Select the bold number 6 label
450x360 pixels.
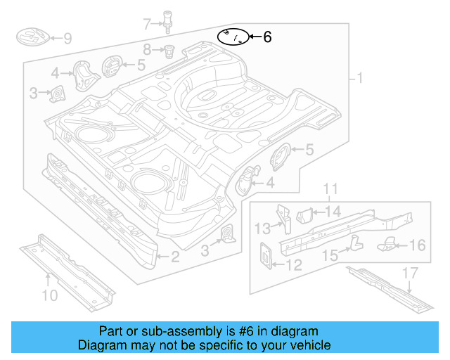[x=266, y=37]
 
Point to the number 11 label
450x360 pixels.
[x=330, y=188]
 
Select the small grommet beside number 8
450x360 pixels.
[x=169, y=51]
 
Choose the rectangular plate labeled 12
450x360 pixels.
[x=267, y=255]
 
